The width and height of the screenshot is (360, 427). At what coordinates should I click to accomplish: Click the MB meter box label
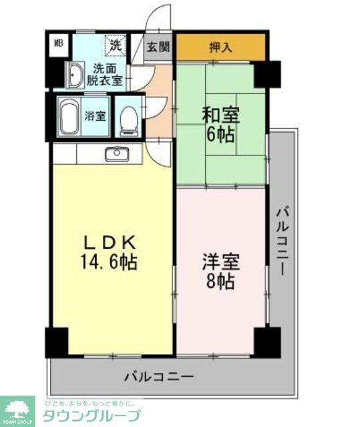(x=59, y=44)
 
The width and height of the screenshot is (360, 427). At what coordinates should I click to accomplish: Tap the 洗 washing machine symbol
(x=116, y=46)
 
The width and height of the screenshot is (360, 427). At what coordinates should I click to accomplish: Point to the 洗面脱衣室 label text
(x=107, y=74)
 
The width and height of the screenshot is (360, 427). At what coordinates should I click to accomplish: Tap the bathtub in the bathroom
(x=69, y=117)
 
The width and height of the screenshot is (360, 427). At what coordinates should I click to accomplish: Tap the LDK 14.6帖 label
(x=109, y=252)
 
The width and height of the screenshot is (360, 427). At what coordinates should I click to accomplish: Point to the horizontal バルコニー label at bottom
(x=159, y=376)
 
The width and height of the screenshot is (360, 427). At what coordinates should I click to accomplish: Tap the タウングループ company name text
(x=92, y=416)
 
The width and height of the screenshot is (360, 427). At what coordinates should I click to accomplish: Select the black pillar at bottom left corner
(x=56, y=342)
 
